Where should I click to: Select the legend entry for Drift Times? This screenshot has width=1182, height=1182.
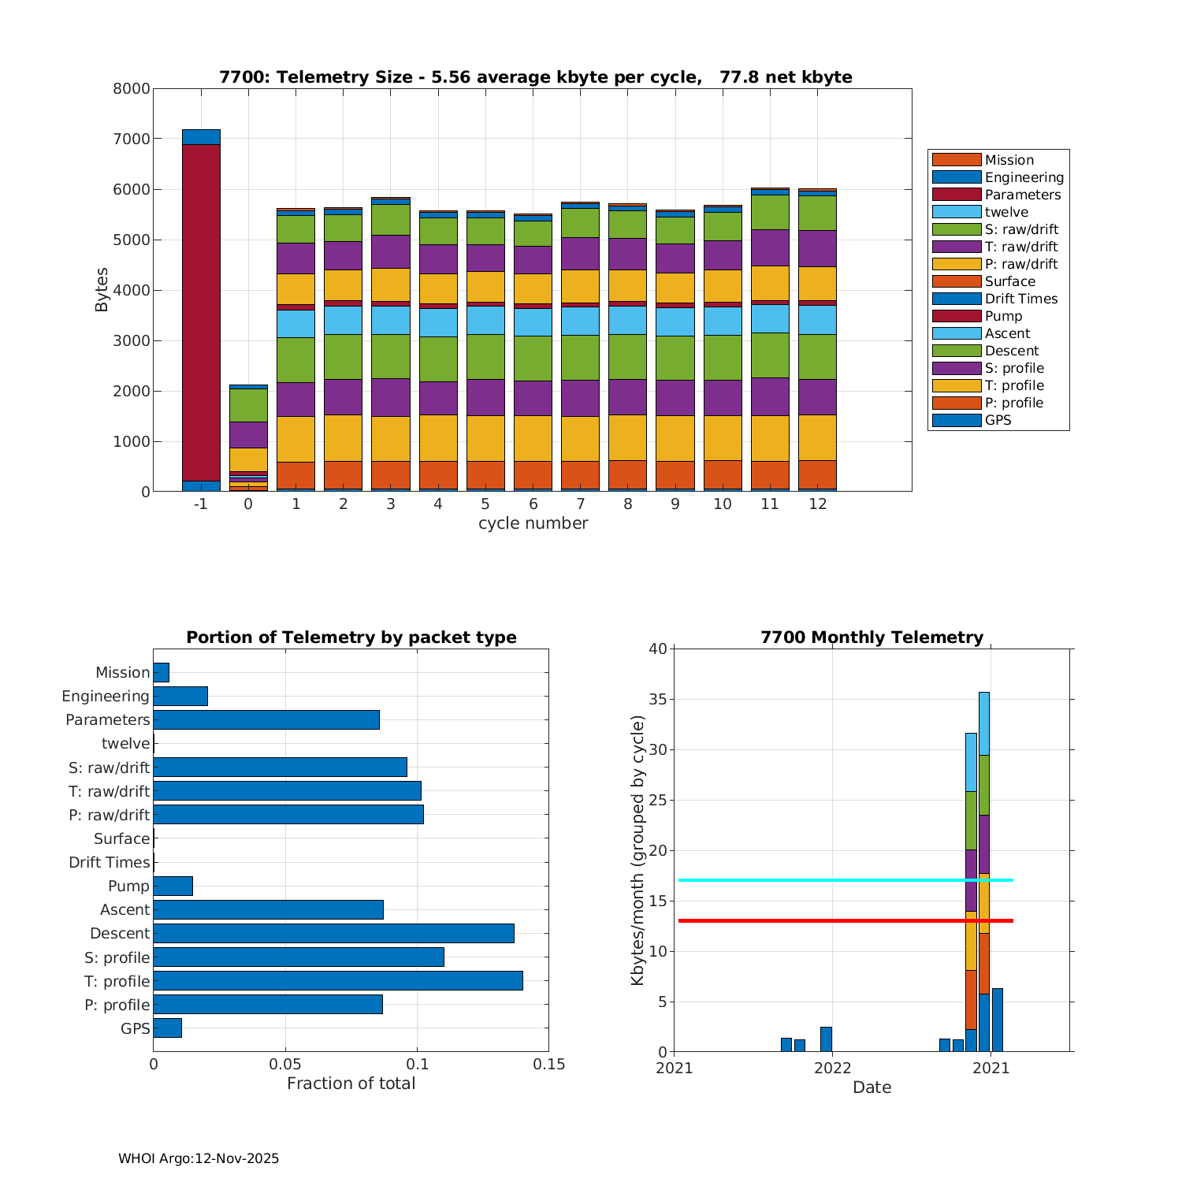(x=1021, y=299)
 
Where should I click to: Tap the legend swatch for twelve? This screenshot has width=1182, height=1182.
(x=957, y=212)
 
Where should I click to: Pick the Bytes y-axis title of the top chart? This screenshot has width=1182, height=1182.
(x=102, y=290)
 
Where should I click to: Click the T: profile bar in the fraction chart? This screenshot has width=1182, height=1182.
(x=337, y=981)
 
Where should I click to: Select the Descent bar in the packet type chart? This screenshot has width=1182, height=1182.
(x=333, y=934)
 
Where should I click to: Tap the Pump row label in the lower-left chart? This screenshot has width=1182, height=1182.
(x=128, y=886)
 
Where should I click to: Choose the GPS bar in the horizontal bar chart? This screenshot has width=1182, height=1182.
(x=167, y=1028)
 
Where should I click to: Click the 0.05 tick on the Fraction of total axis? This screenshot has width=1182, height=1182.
(x=285, y=1065)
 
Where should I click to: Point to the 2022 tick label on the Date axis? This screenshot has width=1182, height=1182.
(x=833, y=1069)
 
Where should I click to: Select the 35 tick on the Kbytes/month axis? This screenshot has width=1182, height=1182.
(x=657, y=700)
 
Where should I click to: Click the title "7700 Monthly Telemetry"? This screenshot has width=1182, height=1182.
(x=872, y=637)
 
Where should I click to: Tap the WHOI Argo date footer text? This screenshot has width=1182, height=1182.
(x=199, y=1158)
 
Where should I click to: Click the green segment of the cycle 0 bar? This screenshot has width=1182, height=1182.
(x=248, y=405)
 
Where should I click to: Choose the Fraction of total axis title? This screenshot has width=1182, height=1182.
(x=351, y=1083)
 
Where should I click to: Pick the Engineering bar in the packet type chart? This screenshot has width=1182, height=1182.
(x=180, y=696)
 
